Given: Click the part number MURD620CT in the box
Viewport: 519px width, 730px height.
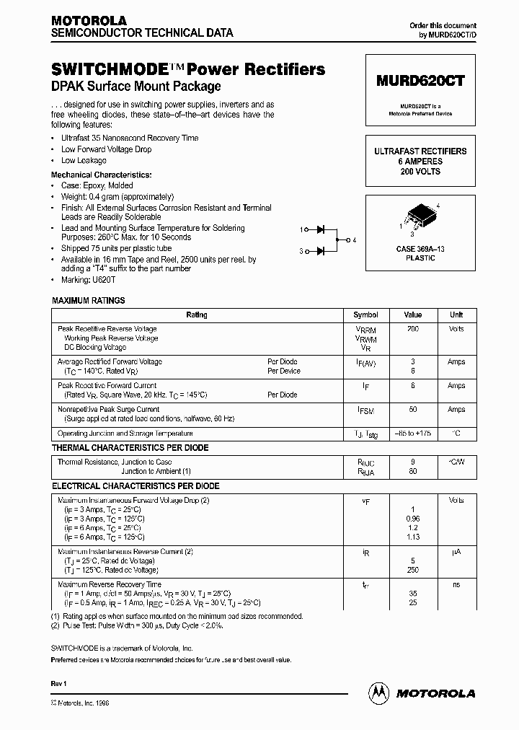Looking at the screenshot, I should point(420,82).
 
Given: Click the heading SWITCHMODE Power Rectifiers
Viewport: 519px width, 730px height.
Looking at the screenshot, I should point(188,70).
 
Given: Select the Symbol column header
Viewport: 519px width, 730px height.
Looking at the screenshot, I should point(365,315).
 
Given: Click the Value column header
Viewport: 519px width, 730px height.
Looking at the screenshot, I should point(412,315).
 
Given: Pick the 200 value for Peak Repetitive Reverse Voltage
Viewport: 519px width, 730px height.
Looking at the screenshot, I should point(412,329).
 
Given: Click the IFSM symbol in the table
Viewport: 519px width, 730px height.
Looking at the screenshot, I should point(365,410).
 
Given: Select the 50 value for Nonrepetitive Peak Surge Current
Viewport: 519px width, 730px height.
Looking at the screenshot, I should point(412,409).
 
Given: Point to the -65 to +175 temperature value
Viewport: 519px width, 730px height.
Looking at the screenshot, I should point(412,434).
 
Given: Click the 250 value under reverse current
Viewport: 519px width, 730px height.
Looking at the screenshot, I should point(412,570).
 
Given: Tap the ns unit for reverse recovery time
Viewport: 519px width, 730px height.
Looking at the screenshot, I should point(456,585).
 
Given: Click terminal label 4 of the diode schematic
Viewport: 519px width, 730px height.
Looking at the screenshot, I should point(354,240).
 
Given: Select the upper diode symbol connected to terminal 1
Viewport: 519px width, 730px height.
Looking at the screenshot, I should point(321,230).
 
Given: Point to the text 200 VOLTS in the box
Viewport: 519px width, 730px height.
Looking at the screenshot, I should point(420,172).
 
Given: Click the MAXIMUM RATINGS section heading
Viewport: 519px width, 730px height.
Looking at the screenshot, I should point(89,300).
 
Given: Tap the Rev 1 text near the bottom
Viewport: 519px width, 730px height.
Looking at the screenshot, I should point(59,682).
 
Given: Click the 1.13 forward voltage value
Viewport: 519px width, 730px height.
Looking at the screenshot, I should point(412,537).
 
